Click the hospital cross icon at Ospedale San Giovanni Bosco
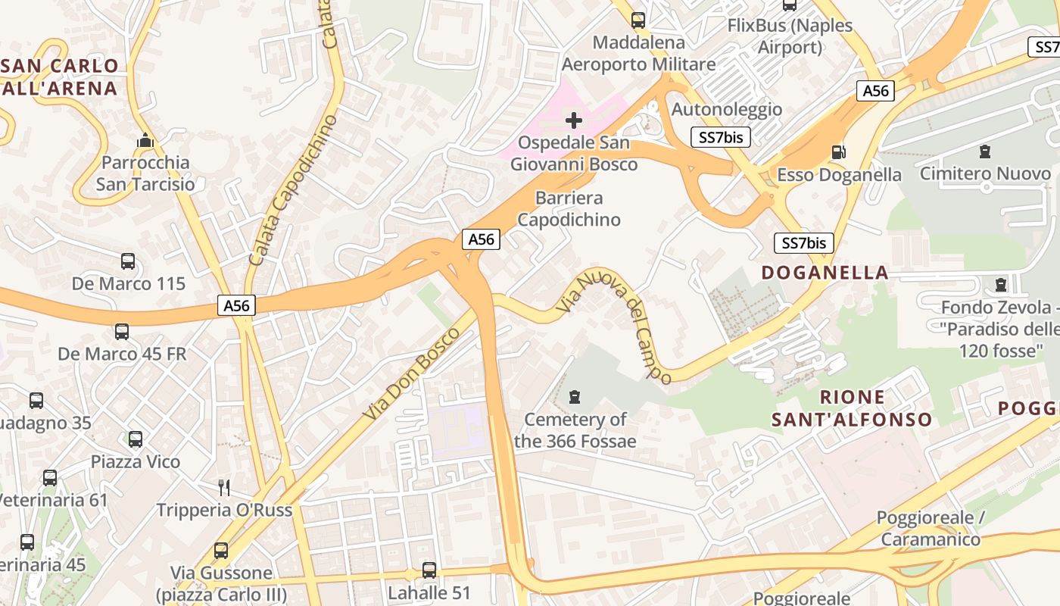pyautogui.click(x=574, y=120)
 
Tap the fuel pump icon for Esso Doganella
pyautogui.click(x=838, y=152)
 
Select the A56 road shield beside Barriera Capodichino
pyautogui.click(x=481, y=239)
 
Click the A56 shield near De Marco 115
pyautogui.click(x=237, y=305)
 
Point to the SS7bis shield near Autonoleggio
pyautogui.click(x=721, y=137)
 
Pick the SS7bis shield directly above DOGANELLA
pyautogui.click(x=803, y=243)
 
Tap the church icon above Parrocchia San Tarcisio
pyautogui.click(x=145, y=140)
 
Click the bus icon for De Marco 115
pyautogui.click(x=128, y=261)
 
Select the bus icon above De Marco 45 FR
pyautogui.click(x=122, y=332)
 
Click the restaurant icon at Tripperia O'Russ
pyautogui.click(x=223, y=487)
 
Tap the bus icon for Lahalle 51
pyautogui.click(x=429, y=570)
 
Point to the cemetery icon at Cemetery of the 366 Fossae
pyautogui.click(x=575, y=397)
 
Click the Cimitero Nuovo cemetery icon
pyautogui.click(x=985, y=151)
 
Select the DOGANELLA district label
pyautogui.click(x=825, y=273)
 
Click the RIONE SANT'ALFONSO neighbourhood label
pyautogui.click(x=852, y=408)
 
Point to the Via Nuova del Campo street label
pyautogui.click(x=615, y=326)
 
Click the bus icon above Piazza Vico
pyautogui.click(x=136, y=439)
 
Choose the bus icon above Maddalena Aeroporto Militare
pyautogui.click(x=638, y=20)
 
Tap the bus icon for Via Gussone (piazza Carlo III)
pyautogui.click(x=221, y=551)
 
